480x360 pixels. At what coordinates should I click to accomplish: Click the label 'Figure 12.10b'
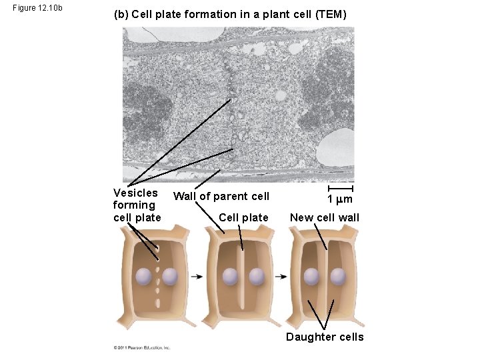37,8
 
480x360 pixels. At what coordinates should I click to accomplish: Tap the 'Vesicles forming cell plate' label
137,205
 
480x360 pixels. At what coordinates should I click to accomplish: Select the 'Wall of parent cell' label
221,196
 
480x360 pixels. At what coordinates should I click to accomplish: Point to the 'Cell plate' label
243,217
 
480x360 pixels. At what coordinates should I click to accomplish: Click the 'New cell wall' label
324,217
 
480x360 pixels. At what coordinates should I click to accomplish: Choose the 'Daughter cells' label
325,337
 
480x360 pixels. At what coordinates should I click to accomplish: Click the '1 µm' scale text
339,199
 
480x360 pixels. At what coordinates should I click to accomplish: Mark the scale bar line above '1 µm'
340,188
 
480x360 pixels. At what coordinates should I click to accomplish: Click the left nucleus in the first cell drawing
144,276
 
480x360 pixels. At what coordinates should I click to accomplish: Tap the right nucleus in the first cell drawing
171,276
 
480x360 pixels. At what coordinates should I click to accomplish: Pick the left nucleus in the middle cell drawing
230,276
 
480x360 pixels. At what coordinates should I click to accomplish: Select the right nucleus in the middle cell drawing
255,276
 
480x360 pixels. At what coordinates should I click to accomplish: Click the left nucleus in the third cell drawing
311,276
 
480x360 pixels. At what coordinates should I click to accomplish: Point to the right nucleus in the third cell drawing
337,276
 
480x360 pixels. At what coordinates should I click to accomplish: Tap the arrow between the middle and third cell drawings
282,276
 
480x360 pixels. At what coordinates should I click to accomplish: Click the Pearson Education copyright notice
141,347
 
